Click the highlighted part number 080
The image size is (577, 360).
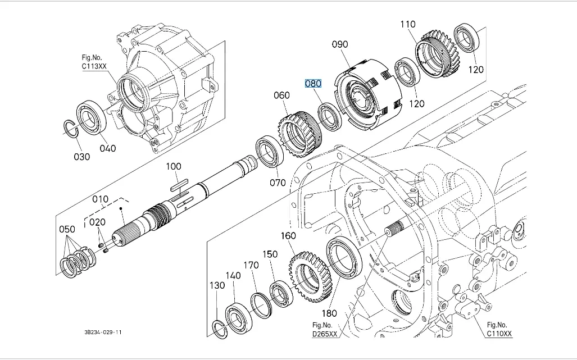pyautogui.click(x=313, y=84)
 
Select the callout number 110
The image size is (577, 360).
pyautogui.click(x=408, y=24)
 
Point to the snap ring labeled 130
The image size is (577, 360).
pyautogui.click(x=220, y=328)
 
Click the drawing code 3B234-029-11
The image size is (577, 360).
pyautogui.click(x=99, y=332)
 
